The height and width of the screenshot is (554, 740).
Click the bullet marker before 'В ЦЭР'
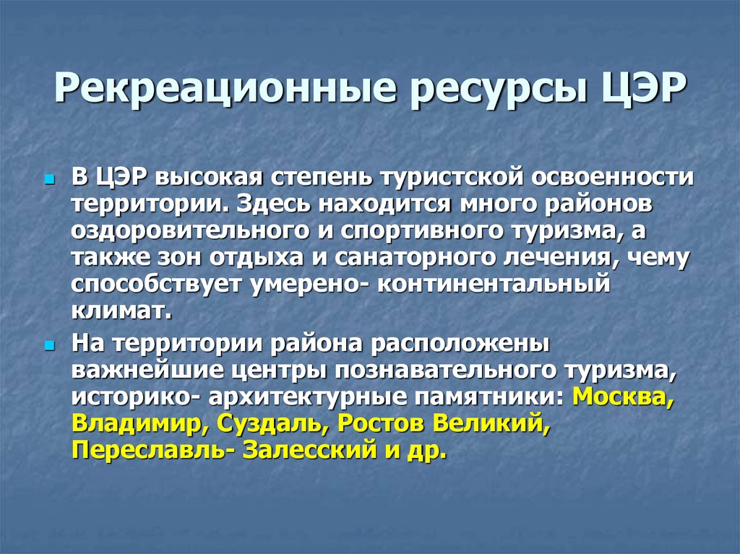click(49, 178)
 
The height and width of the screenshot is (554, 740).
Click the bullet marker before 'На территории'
click(49, 346)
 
